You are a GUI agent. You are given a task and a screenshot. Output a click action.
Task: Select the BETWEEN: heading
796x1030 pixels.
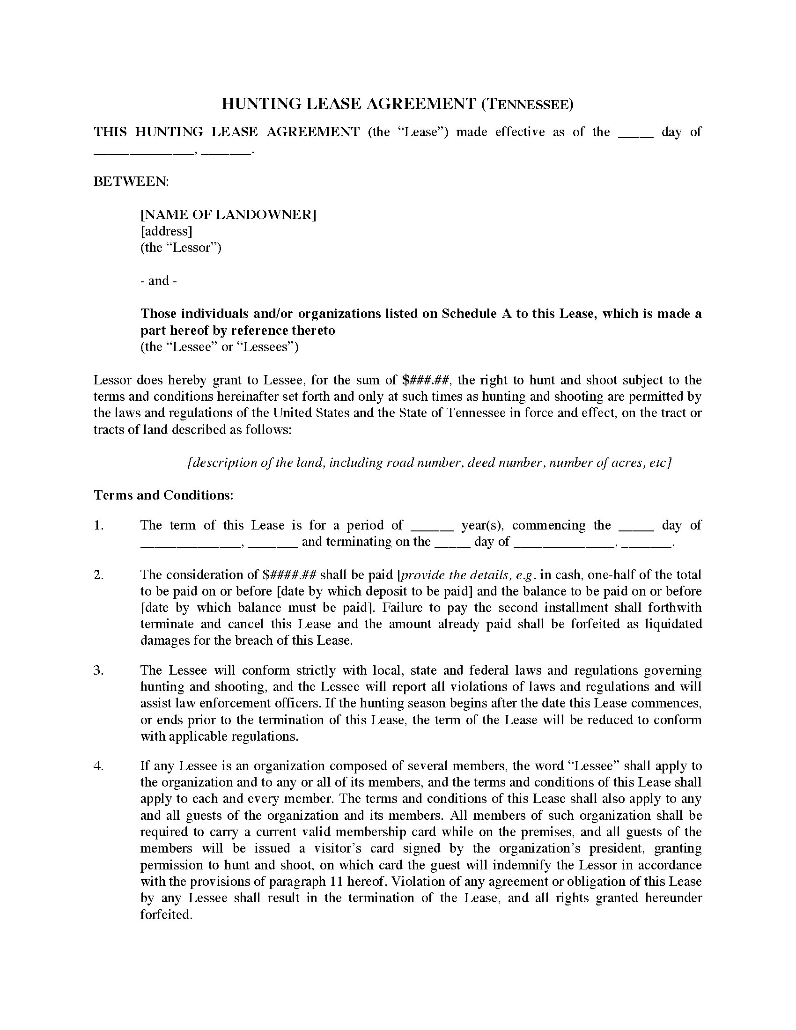[x=131, y=182]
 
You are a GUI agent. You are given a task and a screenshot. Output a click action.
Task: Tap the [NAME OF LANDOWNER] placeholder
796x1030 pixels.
[x=228, y=215]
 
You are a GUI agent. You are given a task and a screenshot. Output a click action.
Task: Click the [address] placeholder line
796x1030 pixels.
[x=166, y=232]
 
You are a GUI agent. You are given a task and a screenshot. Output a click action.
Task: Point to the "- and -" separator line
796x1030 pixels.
[x=159, y=281]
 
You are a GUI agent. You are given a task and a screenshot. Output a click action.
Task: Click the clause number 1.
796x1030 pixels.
[x=98, y=525]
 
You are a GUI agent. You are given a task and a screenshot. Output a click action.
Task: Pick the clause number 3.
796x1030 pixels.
[x=98, y=670]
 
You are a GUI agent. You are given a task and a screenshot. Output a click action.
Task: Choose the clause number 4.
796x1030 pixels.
[x=98, y=766]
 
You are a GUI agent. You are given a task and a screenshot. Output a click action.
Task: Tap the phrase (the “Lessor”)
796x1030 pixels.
[x=181, y=248]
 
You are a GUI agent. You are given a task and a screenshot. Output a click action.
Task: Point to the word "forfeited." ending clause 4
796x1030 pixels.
[x=167, y=914]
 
